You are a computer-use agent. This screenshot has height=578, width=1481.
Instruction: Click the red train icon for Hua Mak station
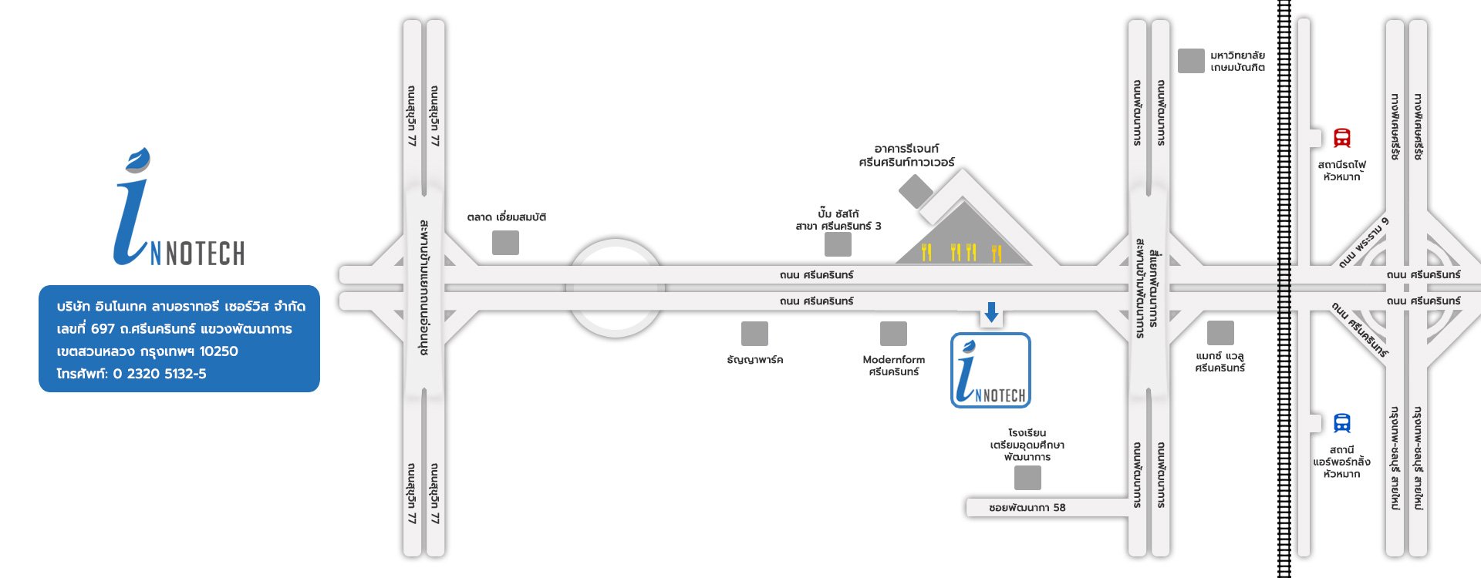pos(1342,138)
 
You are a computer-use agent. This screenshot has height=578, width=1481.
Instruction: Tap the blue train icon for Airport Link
pos(1342,423)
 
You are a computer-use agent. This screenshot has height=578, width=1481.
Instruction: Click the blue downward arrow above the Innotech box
pos(991,312)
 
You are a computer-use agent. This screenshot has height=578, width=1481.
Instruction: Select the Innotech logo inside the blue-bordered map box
pos(990,371)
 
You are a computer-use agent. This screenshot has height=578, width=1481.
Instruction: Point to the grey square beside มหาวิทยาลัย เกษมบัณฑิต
pos(1191,61)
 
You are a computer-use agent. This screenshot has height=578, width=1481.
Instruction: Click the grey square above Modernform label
pos(893,334)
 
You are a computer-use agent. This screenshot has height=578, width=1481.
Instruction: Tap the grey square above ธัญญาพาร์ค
pos(754,334)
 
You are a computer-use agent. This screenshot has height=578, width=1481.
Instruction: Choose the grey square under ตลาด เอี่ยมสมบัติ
pos(505,243)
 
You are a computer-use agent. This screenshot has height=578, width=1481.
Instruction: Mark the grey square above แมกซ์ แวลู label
pos(1220,333)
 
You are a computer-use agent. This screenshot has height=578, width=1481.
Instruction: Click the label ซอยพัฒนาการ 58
pos(1027,508)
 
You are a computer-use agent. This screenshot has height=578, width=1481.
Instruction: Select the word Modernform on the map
pos(893,359)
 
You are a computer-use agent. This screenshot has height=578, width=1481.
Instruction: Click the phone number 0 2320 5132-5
pos(160,374)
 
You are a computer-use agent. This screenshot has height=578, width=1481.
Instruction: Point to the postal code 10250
pos(219,351)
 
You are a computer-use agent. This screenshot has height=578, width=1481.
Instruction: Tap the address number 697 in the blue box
pos(103,329)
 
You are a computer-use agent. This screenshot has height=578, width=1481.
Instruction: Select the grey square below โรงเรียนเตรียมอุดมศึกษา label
pos(1027,478)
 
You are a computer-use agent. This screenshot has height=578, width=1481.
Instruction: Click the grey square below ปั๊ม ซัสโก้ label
pos(838,244)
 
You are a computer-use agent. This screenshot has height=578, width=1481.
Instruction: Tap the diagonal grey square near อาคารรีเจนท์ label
pos(916,191)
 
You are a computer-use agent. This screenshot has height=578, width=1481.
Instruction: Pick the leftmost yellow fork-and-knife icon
pos(926,252)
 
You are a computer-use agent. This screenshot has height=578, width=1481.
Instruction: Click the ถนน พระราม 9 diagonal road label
pos(1364,243)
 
